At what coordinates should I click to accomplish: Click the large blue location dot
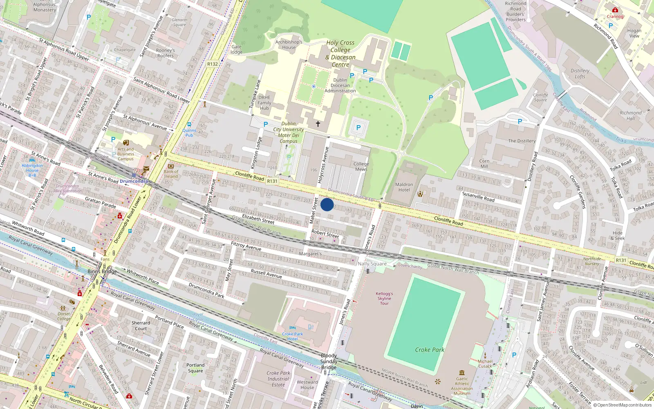pos(327,204)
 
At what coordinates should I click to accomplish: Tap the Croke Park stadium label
pos(429,350)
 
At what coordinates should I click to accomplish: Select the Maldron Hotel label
pos(404,187)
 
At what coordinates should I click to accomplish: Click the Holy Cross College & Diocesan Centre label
pos(340,54)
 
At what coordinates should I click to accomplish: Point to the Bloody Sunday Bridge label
pos(329,362)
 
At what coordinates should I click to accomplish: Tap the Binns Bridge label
pos(102,272)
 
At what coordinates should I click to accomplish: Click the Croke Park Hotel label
pos(293,336)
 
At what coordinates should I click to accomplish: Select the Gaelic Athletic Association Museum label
pos(462,386)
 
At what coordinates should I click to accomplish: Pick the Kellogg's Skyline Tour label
pos(384,299)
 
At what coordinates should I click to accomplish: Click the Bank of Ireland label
pos(171,174)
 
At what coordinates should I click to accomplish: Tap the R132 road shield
pos(213,64)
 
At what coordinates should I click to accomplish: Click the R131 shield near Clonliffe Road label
pos(272,181)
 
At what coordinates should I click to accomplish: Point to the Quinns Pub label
pos(189,133)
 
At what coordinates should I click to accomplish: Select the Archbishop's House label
pos(289,45)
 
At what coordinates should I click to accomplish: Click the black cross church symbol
pos(318,124)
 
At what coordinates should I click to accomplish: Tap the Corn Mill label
pos(484,164)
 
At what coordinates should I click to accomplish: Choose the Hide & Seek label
pos(618,236)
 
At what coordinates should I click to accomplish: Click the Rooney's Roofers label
pos(165,53)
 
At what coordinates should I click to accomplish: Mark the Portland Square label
pos(195,368)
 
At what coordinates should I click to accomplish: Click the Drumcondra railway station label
pos(134,181)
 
